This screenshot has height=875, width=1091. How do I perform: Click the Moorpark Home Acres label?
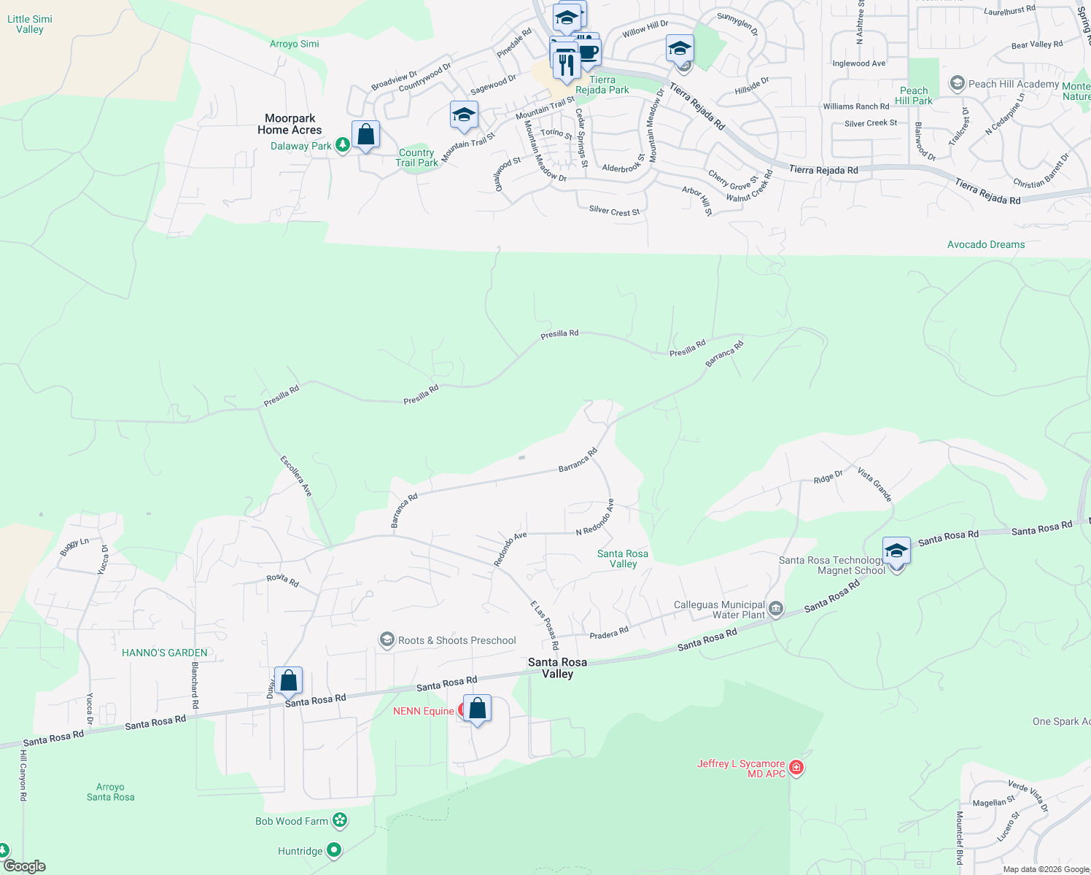[x=290, y=124]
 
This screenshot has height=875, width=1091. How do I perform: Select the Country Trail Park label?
[x=417, y=157]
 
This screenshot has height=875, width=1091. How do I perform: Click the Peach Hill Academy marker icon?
[x=958, y=84]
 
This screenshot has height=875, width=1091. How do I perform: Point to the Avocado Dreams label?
[x=986, y=244]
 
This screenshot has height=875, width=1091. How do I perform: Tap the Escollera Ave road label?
[x=296, y=476]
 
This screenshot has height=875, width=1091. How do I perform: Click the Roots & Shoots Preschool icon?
[x=387, y=640]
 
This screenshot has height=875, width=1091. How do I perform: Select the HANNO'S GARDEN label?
[x=165, y=653]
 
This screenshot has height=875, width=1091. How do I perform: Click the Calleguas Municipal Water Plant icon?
[x=776, y=609]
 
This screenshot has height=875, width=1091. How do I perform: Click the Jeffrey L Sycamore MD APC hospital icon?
[x=796, y=768]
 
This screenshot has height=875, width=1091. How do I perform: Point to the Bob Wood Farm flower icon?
[x=340, y=821]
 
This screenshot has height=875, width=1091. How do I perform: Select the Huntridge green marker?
[x=334, y=850]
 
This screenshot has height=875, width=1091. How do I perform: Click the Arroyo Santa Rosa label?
[x=110, y=792]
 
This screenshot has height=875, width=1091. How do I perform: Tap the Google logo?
[x=24, y=866]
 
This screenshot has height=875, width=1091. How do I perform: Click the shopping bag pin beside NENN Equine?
[x=477, y=709]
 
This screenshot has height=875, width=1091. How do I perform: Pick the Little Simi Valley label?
[x=30, y=24]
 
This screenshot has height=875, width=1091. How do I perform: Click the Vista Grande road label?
[x=874, y=485]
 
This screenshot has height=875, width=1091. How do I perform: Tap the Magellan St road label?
[x=994, y=802]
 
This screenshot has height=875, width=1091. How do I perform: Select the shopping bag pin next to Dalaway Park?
[x=365, y=135]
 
